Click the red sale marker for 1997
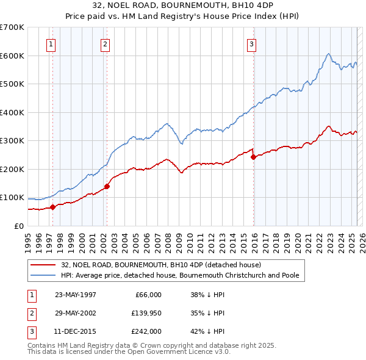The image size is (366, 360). tap(53, 207)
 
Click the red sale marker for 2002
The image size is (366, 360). tap(107, 186)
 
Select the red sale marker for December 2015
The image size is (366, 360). tap(253, 157)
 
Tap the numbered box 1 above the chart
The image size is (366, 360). tap(51, 43)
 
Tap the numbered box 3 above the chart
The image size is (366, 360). tap(251, 43)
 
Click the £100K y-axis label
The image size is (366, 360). tap(13, 198)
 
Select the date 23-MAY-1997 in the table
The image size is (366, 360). tap(76, 294)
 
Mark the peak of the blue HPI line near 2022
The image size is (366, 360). tap(328, 54)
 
